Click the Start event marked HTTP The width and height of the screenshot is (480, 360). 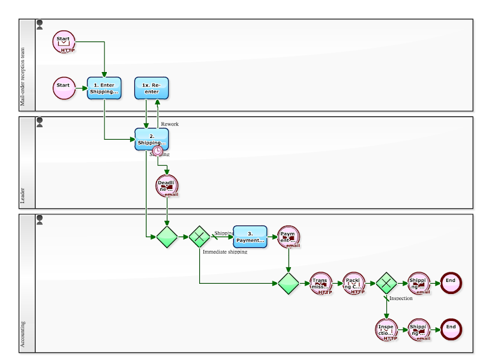point(63,41)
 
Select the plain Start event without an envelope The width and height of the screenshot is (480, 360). point(63,88)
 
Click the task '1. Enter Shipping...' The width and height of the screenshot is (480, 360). point(104,88)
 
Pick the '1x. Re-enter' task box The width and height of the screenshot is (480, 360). point(151,88)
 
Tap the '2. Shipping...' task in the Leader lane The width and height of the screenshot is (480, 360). point(151,139)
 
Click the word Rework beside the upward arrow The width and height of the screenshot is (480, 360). point(170,124)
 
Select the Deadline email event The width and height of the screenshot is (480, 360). point(167,186)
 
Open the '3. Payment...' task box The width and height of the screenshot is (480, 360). point(250,237)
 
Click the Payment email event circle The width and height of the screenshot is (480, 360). point(289,237)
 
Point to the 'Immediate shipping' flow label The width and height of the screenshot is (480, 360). point(225,252)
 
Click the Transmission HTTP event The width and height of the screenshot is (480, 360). point(320,283)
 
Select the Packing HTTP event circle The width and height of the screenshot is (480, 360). point(353,283)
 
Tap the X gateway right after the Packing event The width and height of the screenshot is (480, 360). point(386,283)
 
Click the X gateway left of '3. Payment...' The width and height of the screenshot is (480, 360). point(200,237)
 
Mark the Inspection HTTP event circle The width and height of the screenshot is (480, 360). point(386,329)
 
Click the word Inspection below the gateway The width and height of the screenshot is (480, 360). point(401,298)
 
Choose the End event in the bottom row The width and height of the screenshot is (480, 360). point(451,329)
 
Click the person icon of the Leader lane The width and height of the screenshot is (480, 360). point(40,122)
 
